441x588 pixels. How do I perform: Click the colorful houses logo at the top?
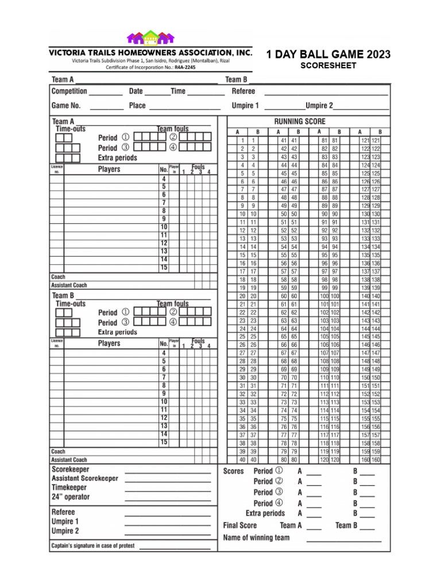(150, 38)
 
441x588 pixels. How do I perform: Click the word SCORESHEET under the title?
(328, 65)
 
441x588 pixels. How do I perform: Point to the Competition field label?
(69, 91)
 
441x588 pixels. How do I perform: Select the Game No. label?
(66, 106)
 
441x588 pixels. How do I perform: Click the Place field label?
(137, 106)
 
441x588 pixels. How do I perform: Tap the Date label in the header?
(136, 91)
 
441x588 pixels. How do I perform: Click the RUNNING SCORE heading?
(299, 121)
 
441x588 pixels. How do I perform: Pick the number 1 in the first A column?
(243, 141)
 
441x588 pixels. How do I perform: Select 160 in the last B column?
(376, 459)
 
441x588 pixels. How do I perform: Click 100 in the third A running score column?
(324, 296)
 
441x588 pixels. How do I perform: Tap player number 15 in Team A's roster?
(164, 268)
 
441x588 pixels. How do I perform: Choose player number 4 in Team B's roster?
(164, 353)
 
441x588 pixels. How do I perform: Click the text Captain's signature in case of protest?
(93, 546)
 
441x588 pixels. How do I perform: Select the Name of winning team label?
(256, 538)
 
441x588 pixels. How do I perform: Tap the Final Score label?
(240, 525)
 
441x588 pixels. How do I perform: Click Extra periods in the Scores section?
(265, 513)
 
